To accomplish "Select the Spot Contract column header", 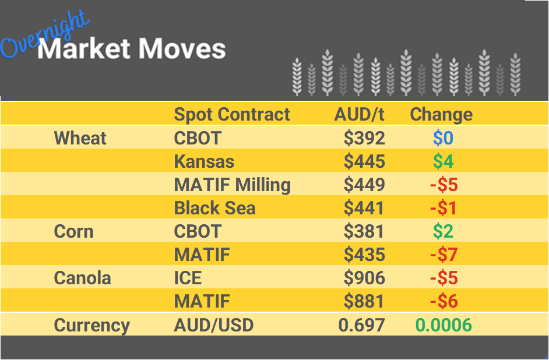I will pos(231,114).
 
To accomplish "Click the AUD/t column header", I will pos(359,114).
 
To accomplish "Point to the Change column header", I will pos(441,114).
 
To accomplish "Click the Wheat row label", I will pos(80,138).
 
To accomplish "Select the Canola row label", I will pos(82,278).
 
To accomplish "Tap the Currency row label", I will pos(91,324).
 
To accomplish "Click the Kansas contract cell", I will pos(204,161).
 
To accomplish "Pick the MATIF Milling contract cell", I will pos(232,185).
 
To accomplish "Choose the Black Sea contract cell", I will pos(214,208).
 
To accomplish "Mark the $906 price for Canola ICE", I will pos(364,278).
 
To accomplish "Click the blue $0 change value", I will pos(443,138).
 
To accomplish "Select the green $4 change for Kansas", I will pos(443,161).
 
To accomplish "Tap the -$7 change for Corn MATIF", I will pos(444,255).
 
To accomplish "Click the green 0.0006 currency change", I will pos(443,324).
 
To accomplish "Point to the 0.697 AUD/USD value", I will pos(361,324).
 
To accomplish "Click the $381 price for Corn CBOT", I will pos(364,231).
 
